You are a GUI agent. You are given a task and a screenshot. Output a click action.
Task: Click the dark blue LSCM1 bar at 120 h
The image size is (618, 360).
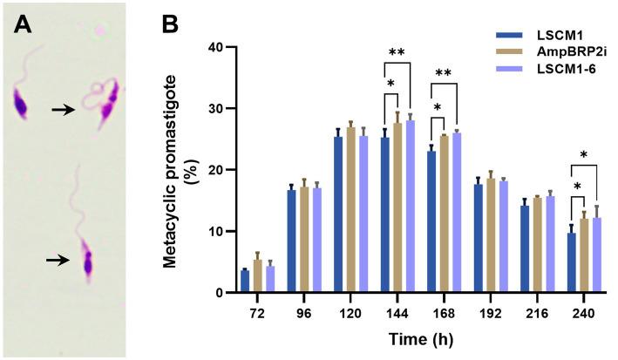[314, 214]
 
